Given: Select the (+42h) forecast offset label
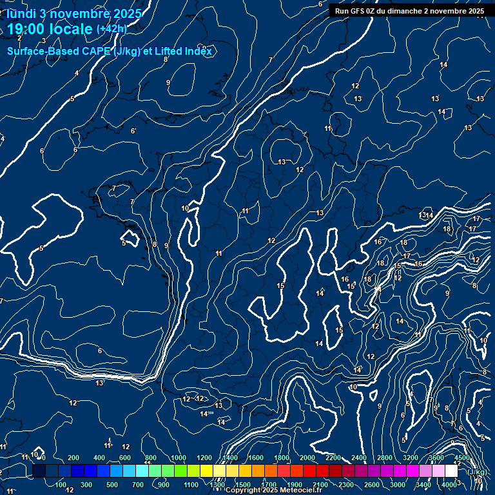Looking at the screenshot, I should coord(112,29).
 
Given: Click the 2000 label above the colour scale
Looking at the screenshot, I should coord(307,458).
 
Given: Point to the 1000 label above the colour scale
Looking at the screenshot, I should coord(179,458).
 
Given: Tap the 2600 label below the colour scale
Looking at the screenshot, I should coord(372,485).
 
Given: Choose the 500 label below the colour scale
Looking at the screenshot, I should coord(112,485).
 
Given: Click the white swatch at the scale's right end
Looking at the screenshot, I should coord(451,471).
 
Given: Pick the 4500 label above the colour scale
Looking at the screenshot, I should coord(462,458).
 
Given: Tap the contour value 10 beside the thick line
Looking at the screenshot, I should coord(185,208).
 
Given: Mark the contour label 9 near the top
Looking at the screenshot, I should coord(168,82).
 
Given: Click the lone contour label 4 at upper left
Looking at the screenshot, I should coord(77,73).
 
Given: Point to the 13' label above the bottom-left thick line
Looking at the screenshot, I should coord(100,383).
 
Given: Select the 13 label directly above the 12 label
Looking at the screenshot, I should coord(282,162).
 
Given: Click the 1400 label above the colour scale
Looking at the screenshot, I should coord(230,458).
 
